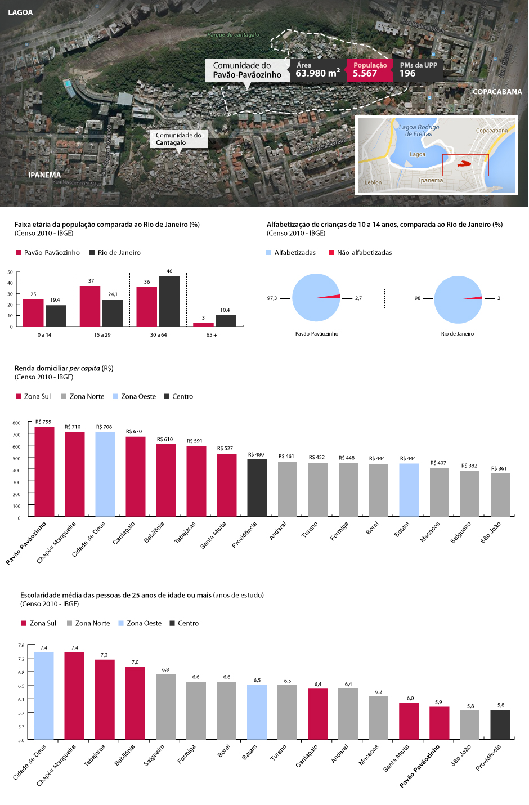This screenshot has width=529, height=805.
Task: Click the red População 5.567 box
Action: point(369,70)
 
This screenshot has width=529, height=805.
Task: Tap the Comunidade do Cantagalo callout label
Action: point(178,139)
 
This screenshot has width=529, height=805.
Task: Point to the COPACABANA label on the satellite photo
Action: point(497,92)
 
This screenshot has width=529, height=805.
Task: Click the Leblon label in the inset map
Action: point(373,182)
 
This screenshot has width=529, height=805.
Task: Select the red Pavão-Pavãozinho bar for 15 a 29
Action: point(90,306)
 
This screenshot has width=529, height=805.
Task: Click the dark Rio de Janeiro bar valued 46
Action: point(169,301)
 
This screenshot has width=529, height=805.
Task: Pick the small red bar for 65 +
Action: point(203,324)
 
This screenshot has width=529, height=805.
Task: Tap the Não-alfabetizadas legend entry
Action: point(360,253)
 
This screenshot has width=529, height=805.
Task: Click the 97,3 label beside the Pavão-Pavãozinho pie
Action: point(272,298)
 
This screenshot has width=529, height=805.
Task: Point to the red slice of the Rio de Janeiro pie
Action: point(476,298)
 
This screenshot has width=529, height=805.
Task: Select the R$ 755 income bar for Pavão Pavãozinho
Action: point(44,472)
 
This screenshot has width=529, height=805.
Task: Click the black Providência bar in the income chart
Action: point(257,488)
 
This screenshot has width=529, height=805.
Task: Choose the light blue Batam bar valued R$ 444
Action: point(409,490)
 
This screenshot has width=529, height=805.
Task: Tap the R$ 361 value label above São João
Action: point(499,468)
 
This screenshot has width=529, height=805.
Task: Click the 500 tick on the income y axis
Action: point(17,459)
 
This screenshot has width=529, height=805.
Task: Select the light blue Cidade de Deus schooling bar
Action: point(44,696)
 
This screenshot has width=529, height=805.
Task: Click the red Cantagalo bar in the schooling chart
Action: point(317,714)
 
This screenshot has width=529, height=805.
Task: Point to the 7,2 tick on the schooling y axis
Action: point(21,659)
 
